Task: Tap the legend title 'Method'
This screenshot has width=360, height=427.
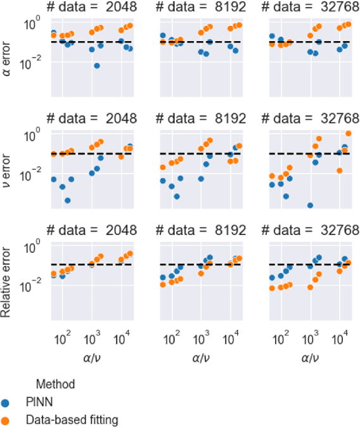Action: point(55,384)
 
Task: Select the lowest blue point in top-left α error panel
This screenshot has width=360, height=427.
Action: point(97,66)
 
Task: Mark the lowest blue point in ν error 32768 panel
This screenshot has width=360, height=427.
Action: point(310,205)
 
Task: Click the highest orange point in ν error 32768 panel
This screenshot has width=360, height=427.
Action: point(348,134)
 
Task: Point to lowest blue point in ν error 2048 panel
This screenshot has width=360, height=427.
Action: point(67,200)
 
